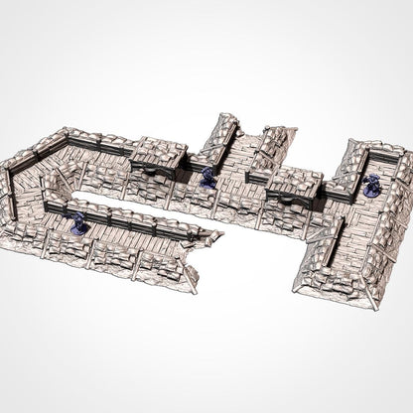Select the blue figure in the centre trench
tap(206, 177)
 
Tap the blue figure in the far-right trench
tap(371, 184)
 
